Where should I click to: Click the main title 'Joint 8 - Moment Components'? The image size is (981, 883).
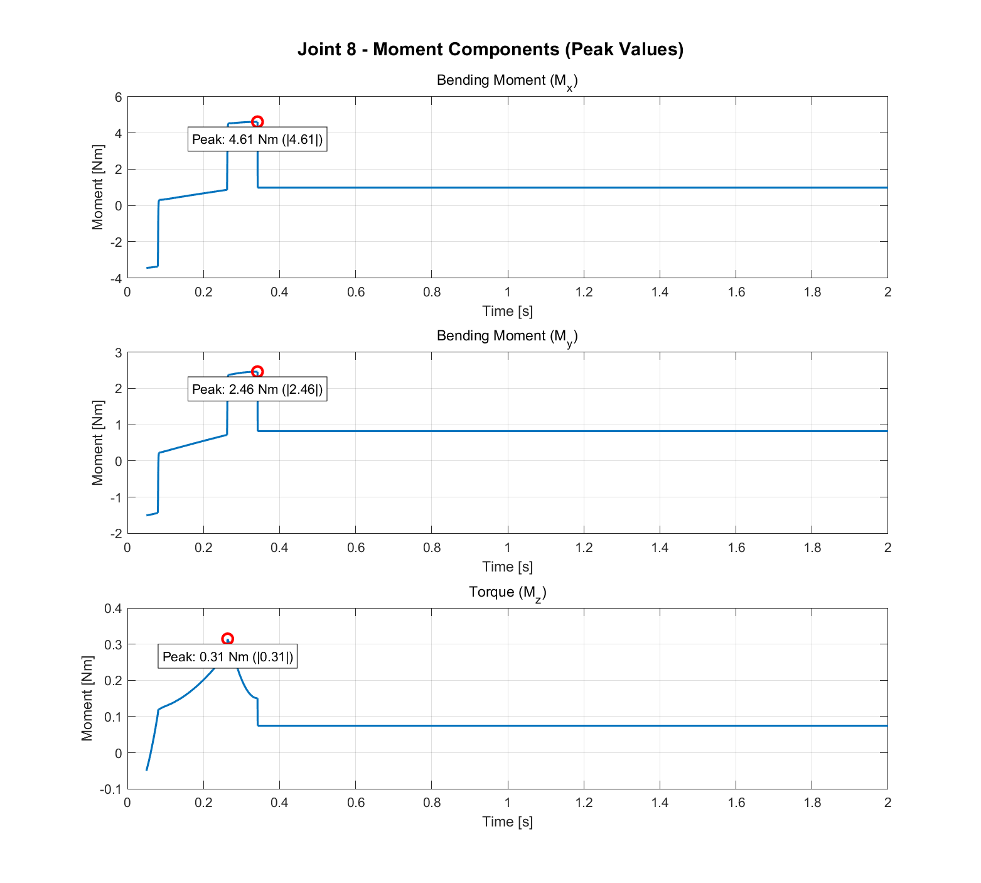pyautogui.click(x=490, y=49)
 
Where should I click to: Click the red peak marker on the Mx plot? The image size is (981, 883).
pyautogui.click(x=257, y=122)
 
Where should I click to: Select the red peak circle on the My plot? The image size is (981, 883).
pyautogui.click(x=257, y=372)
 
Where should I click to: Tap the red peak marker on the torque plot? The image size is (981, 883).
pyautogui.click(x=228, y=639)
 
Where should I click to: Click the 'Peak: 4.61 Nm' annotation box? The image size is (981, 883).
pyautogui.click(x=257, y=139)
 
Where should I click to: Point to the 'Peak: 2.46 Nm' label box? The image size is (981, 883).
pyautogui.click(x=257, y=389)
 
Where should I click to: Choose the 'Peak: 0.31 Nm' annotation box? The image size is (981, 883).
pyautogui.click(x=227, y=657)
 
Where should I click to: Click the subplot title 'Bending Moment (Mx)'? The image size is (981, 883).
pyautogui.click(x=507, y=81)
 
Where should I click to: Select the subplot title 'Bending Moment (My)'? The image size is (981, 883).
pyautogui.click(x=507, y=337)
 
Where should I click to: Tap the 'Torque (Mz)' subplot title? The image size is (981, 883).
pyautogui.click(x=507, y=592)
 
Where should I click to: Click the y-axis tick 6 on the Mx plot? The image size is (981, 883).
pyautogui.click(x=117, y=97)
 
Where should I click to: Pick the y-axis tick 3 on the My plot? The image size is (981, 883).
pyautogui.click(x=117, y=352)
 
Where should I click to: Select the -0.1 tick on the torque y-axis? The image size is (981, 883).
pyautogui.click(x=110, y=789)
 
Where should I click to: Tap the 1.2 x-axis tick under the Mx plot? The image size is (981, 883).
pyautogui.click(x=584, y=292)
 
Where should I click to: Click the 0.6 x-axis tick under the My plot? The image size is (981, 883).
pyautogui.click(x=355, y=548)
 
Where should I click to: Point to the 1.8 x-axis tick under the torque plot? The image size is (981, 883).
pyautogui.click(x=812, y=803)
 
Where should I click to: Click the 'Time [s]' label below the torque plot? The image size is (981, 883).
pyautogui.click(x=507, y=821)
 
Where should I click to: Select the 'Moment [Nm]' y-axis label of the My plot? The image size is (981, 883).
pyautogui.click(x=97, y=443)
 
